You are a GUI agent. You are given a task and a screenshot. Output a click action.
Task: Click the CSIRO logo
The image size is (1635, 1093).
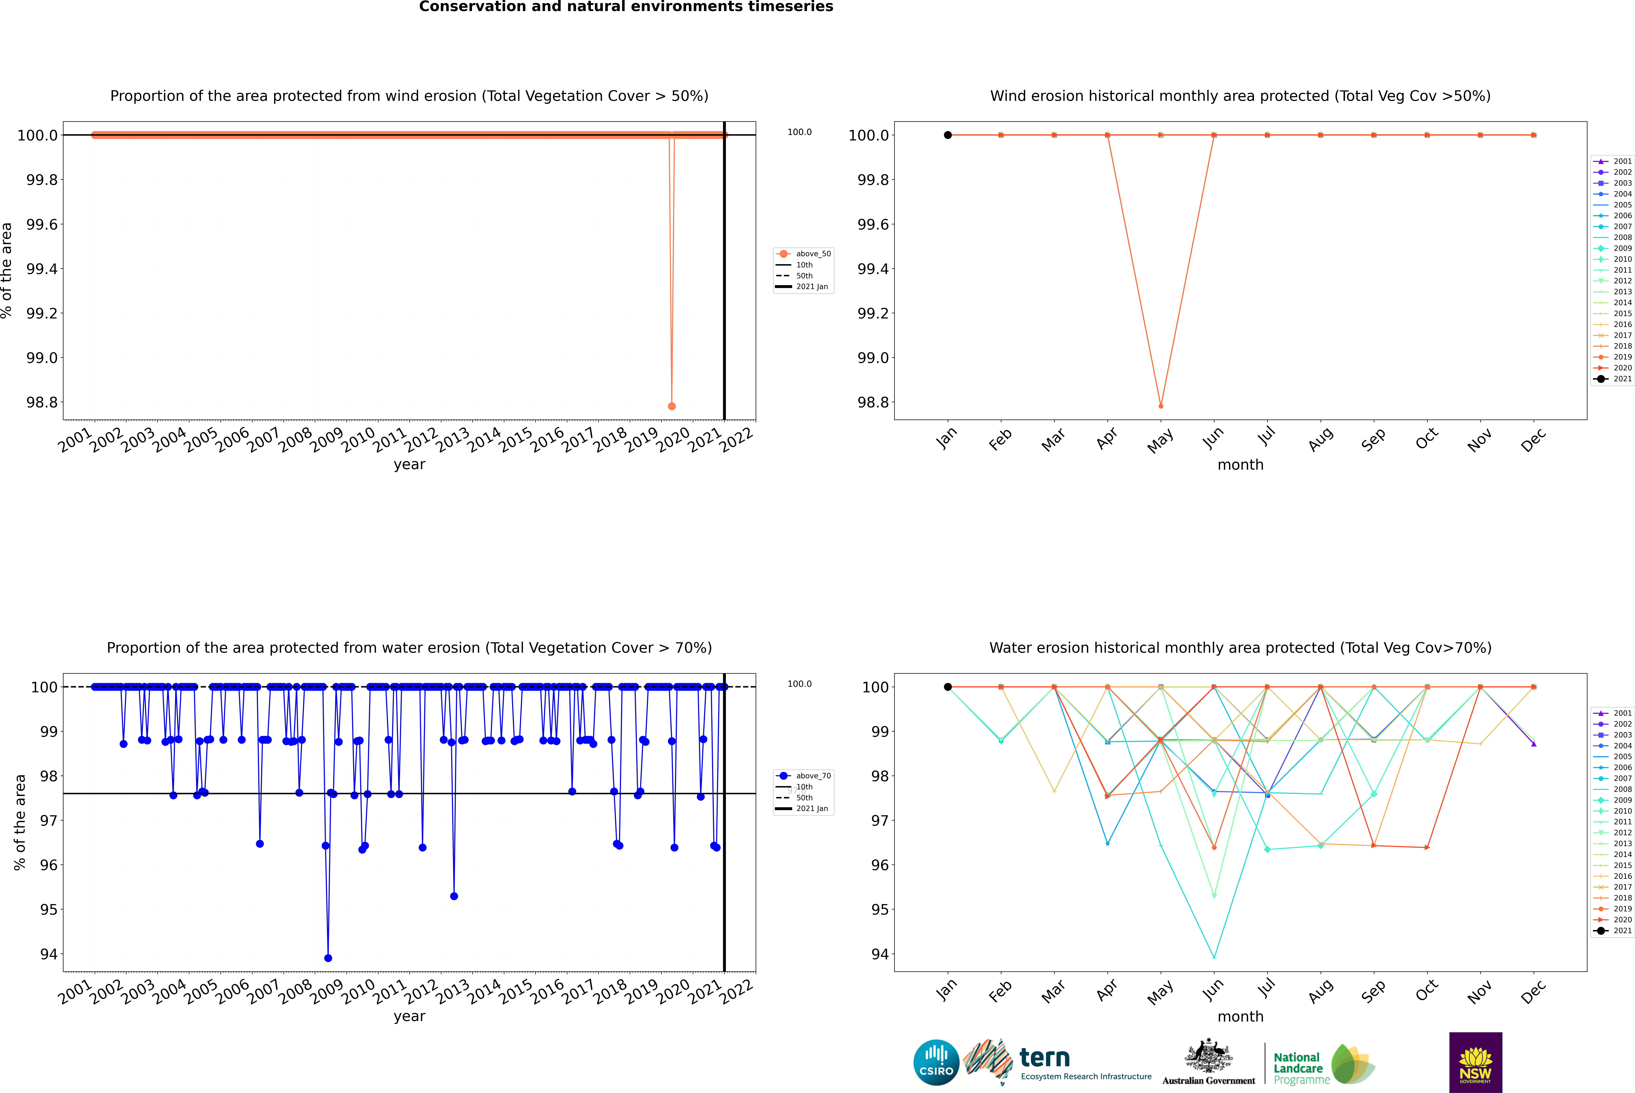tap(936, 1062)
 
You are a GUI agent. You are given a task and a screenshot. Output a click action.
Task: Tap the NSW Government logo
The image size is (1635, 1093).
tap(1475, 1062)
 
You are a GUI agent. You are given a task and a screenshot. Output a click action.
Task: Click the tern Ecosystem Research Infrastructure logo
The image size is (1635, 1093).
tap(1057, 1062)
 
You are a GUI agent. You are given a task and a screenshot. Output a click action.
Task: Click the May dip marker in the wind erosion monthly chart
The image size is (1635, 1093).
tap(1160, 406)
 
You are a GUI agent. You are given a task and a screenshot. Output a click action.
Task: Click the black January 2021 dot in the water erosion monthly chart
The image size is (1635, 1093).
tap(948, 687)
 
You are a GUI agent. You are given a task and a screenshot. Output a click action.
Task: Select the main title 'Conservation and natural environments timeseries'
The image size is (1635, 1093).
tap(626, 7)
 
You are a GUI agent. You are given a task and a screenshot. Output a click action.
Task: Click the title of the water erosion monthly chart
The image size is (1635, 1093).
tap(1240, 648)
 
